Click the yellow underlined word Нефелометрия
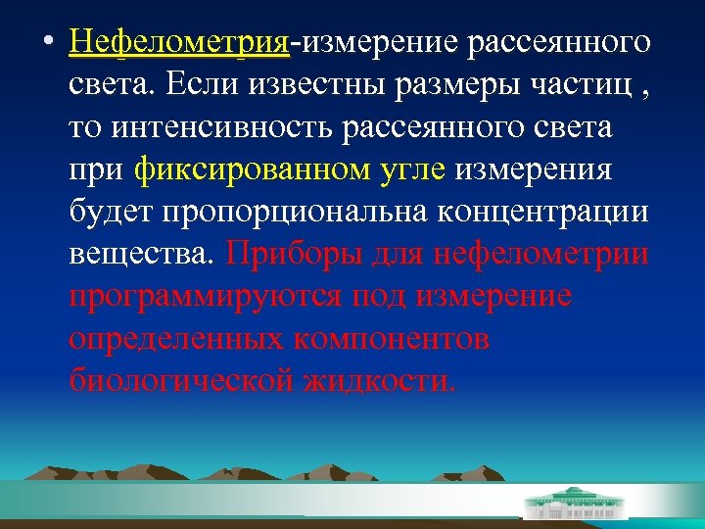[180, 43]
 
